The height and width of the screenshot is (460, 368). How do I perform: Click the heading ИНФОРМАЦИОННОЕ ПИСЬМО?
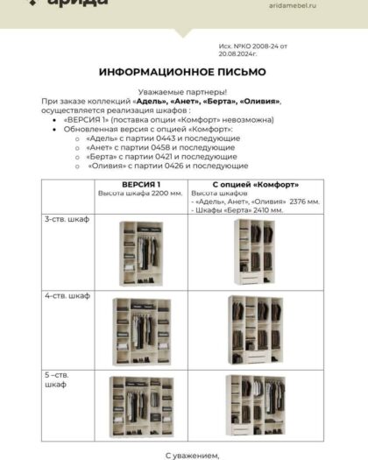[x=183, y=71]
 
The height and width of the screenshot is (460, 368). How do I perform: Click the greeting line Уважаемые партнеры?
[x=183, y=92]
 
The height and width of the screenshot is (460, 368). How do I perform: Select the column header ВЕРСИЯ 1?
[x=141, y=184]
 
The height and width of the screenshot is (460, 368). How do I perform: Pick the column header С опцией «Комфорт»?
[x=256, y=184]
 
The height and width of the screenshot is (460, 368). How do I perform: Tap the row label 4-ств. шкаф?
[x=67, y=295]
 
